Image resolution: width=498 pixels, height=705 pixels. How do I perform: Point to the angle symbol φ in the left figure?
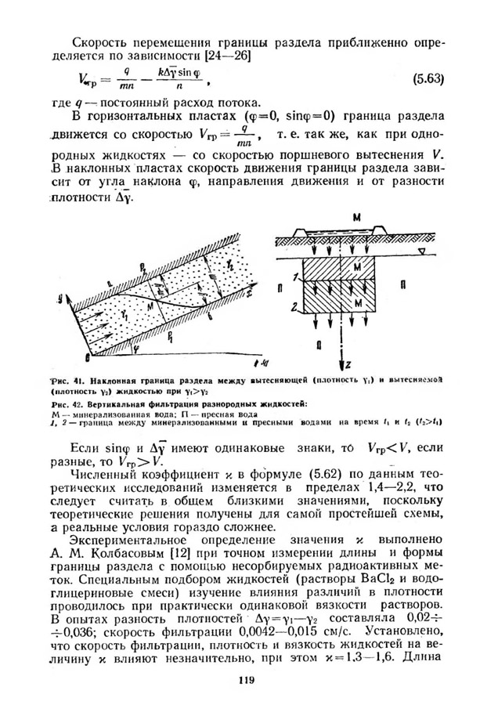[92, 342]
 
